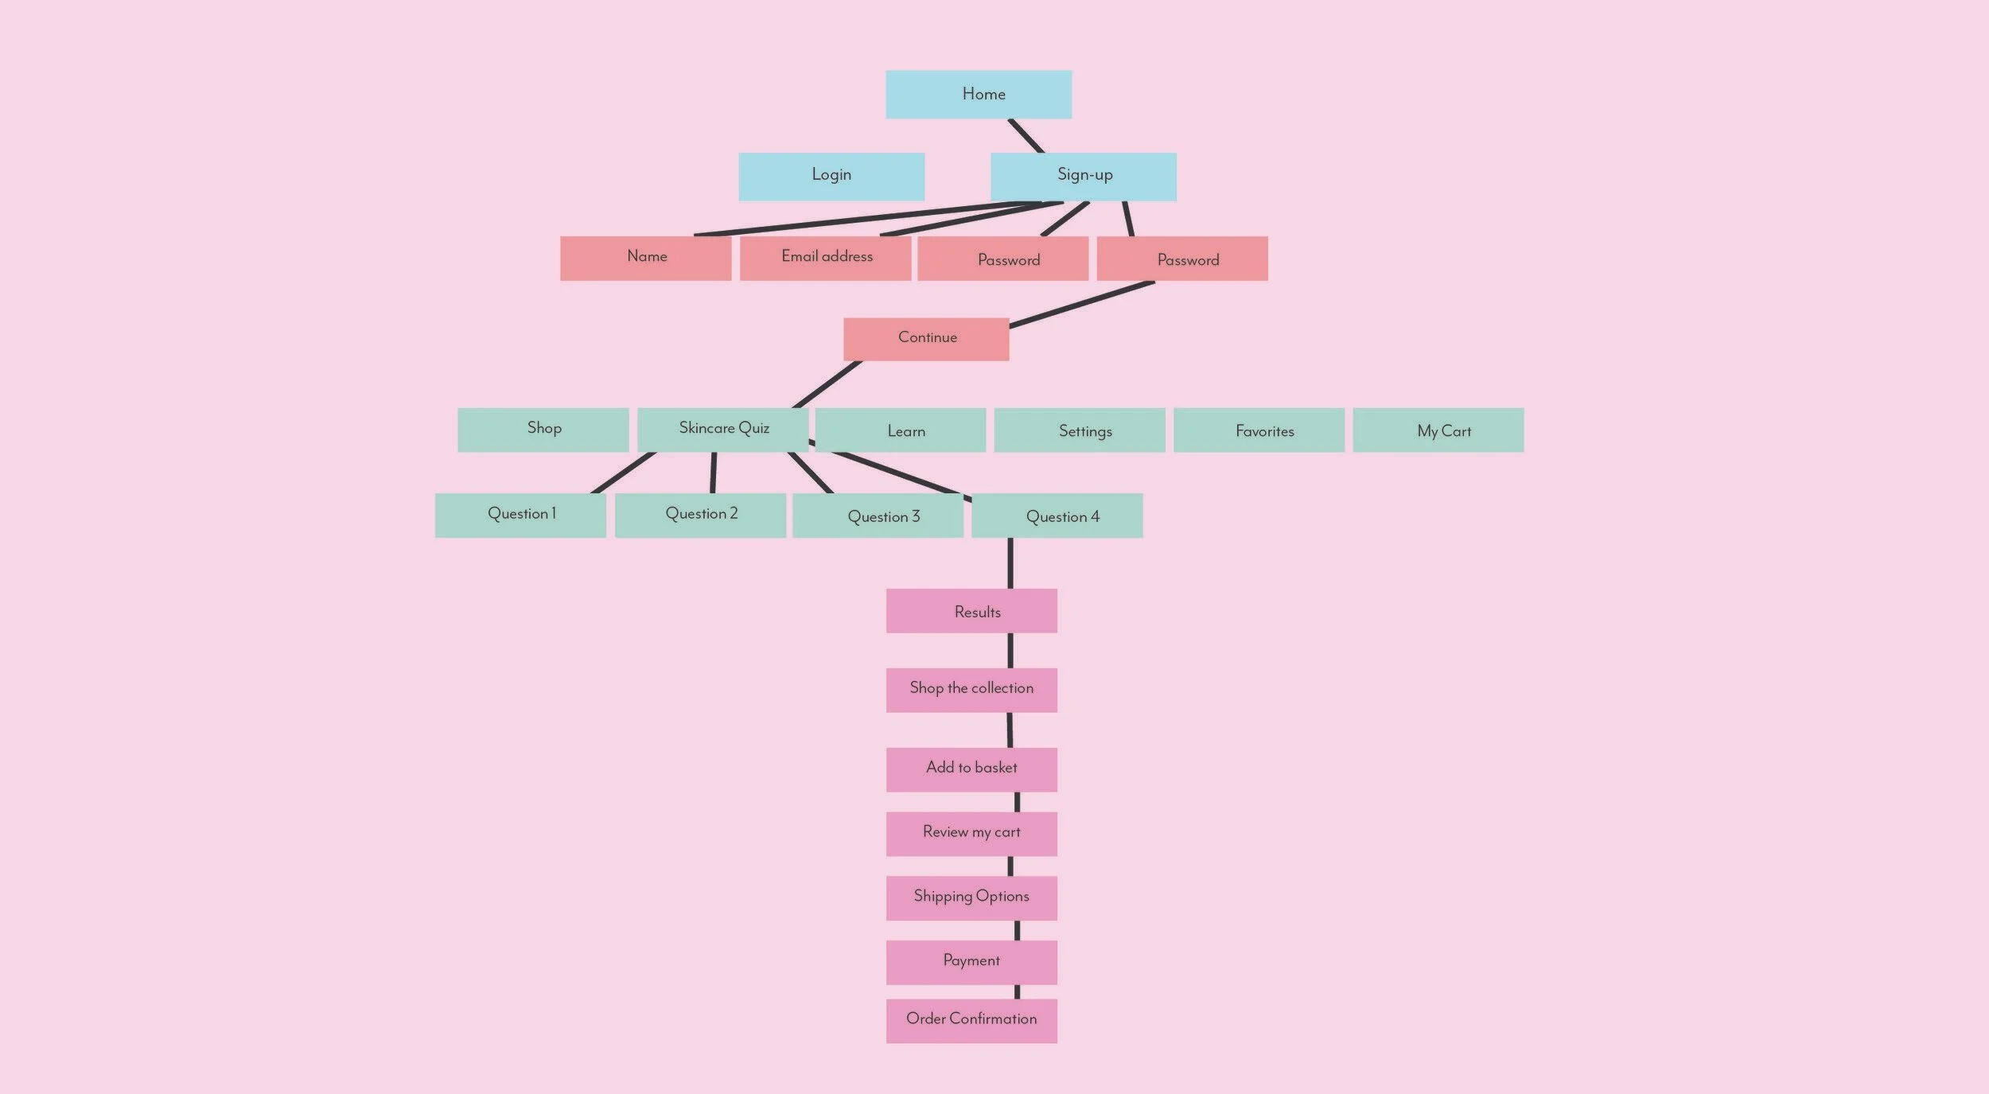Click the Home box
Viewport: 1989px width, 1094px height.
[x=979, y=95]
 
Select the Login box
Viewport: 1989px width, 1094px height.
[x=831, y=176]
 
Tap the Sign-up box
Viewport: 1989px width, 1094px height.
[x=1083, y=176]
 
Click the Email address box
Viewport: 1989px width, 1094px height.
[x=825, y=258]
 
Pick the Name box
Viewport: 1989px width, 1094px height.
[x=645, y=258]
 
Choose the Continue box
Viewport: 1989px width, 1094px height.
[x=926, y=339]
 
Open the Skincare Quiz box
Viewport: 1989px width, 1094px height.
[x=722, y=430]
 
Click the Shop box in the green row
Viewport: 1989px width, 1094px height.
[x=543, y=430]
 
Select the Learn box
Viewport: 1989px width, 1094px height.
[x=901, y=430]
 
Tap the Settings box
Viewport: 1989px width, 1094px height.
[x=1080, y=430]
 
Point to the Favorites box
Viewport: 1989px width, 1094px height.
[x=1259, y=430]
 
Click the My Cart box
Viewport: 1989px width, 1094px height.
[x=1438, y=430]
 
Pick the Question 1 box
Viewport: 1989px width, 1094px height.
[x=520, y=515]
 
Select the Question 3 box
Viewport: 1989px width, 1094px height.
[x=878, y=515]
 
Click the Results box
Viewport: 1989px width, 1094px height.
[x=971, y=610]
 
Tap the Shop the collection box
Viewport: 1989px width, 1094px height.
[x=971, y=690]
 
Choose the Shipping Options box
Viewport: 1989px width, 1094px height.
[x=971, y=897]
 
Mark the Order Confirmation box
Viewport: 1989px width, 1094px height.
[x=971, y=1020]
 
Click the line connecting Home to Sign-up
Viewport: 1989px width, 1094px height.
[x=1026, y=136]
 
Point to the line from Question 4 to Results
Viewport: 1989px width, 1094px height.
[x=1010, y=563]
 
